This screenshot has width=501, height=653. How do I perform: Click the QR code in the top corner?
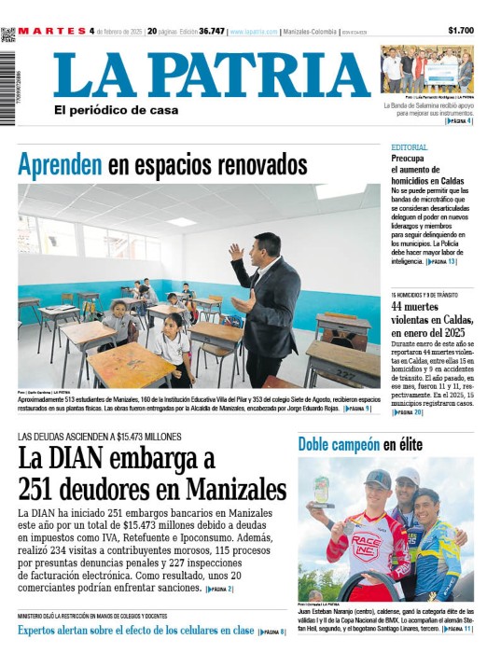tap(7, 35)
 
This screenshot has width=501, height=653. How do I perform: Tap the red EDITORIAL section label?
tap(410, 148)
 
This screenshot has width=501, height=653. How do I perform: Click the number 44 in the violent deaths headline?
tap(401, 307)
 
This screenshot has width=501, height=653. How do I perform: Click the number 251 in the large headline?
tap(44, 488)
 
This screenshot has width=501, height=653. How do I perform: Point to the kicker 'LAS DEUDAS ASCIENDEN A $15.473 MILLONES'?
tap(99, 437)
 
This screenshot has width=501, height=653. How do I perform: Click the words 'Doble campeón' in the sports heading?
tap(339, 445)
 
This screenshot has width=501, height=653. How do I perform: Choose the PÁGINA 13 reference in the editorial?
tap(441, 262)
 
